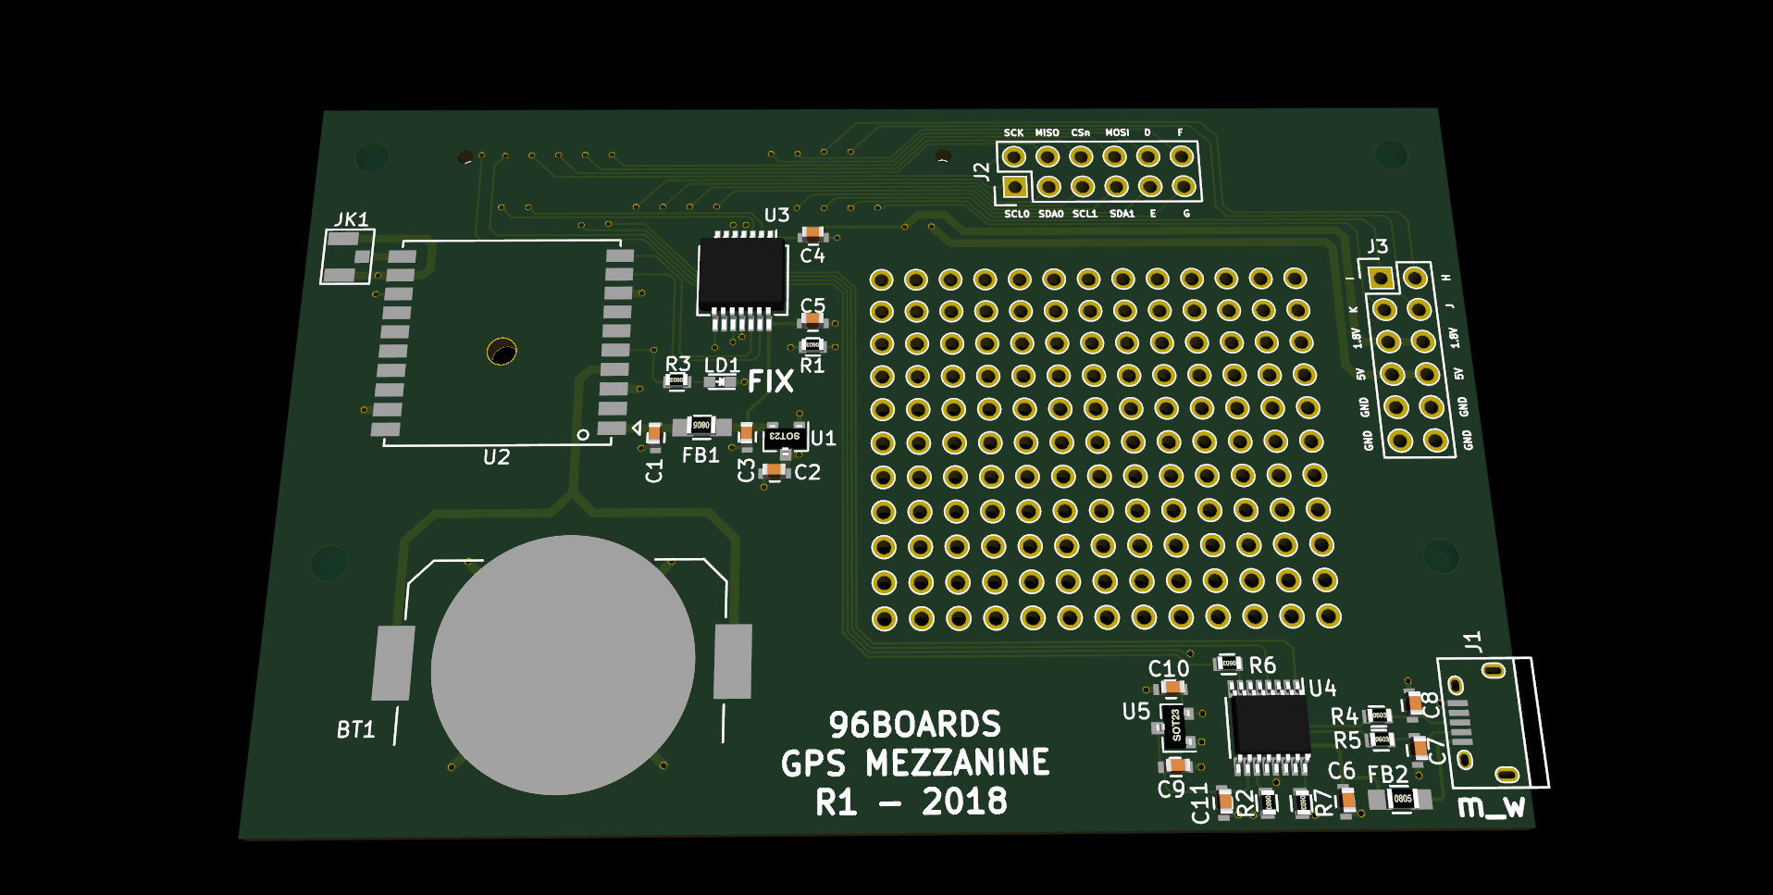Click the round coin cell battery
[x=563, y=665]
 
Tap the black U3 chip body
[x=741, y=275]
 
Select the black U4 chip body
[x=1269, y=726]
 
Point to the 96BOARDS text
[x=914, y=724]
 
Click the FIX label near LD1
[x=770, y=381]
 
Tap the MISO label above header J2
[x=1047, y=133]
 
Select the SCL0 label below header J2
[x=1016, y=214]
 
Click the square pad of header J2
[x=1015, y=187]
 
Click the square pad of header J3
[x=1380, y=278]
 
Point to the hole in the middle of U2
[x=502, y=352]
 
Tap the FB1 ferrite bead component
[x=701, y=426]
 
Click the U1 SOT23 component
[x=784, y=436]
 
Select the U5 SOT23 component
[x=1175, y=725]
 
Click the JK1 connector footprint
[x=347, y=256]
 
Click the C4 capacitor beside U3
[x=812, y=232]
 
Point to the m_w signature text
[x=1491, y=807]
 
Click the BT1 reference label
[x=355, y=730]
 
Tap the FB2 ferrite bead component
[x=1402, y=799]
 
